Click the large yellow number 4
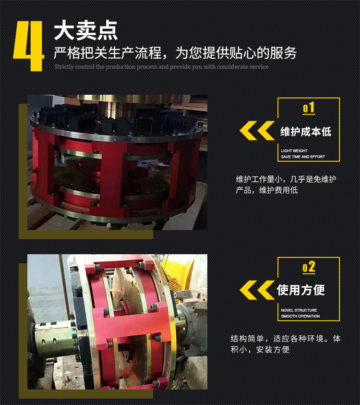tap(29, 46)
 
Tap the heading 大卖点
tap(85, 31)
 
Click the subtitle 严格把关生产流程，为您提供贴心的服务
tap(175, 53)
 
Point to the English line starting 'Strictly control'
tap(162, 67)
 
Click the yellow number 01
tap(309, 108)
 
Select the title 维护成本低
tap(306, 132)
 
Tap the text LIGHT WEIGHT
tap(294, 150)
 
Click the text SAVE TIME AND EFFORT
tap(303, 157)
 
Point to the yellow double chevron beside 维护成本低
tap(257, 131)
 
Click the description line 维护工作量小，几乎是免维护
tap(286, 179)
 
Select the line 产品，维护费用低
tap(267, 190)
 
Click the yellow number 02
tap(309, 267)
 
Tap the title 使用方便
tap(300, 290)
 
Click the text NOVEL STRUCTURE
tap(299, 310)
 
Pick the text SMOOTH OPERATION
tap(300, 316)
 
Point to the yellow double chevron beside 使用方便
tap(257, 290)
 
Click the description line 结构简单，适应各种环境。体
tap(286, 338)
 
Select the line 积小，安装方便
tap(260, 350)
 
